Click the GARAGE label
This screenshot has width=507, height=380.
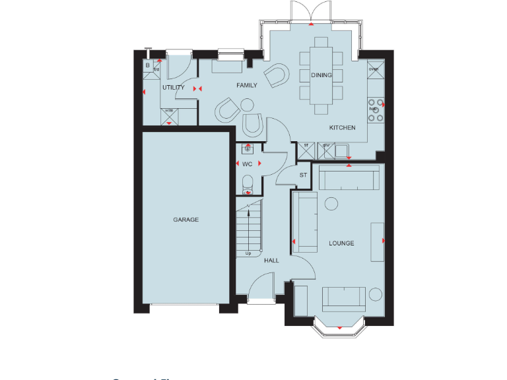(x=186, y=220)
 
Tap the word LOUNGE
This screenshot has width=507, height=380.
(x=341, y=243)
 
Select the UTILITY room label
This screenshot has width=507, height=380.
(x=173, y=87)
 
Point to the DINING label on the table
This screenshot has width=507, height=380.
(x=321, y=75)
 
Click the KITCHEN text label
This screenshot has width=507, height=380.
(x=343, y=127)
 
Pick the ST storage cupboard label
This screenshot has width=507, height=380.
(x=303, y=175)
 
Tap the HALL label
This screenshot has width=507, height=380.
(x=271, y=261)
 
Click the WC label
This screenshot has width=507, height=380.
(x=248, y=163)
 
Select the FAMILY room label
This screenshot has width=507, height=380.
(x=247, y=85)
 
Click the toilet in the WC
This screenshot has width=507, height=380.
(x=248, y=184)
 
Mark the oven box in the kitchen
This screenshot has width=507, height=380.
(x=374, y=68)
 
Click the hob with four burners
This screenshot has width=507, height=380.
(x=375, y=110)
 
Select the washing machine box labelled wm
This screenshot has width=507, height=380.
(x=169, y=115)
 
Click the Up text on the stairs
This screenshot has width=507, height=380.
(x=248, y=253)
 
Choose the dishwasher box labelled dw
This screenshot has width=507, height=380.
(x=325, y=151)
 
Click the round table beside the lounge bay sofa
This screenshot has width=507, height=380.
(x=376, y=295)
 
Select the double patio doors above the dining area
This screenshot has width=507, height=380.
(x=310, y=12)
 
